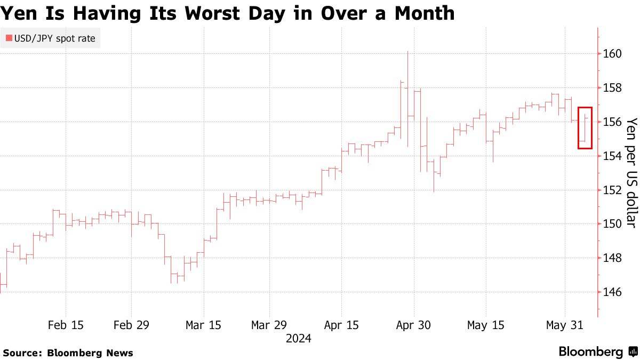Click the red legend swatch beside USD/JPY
tap(9, 38)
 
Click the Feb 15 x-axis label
tap(66, 325)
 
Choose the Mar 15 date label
tap(203, 325)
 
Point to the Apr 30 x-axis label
tap(413, 325)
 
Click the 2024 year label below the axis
tap(298, 339)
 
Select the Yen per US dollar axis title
tap(631, 172)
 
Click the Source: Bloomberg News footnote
tap(68, 353)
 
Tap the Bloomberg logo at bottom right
tap(598, 352)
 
